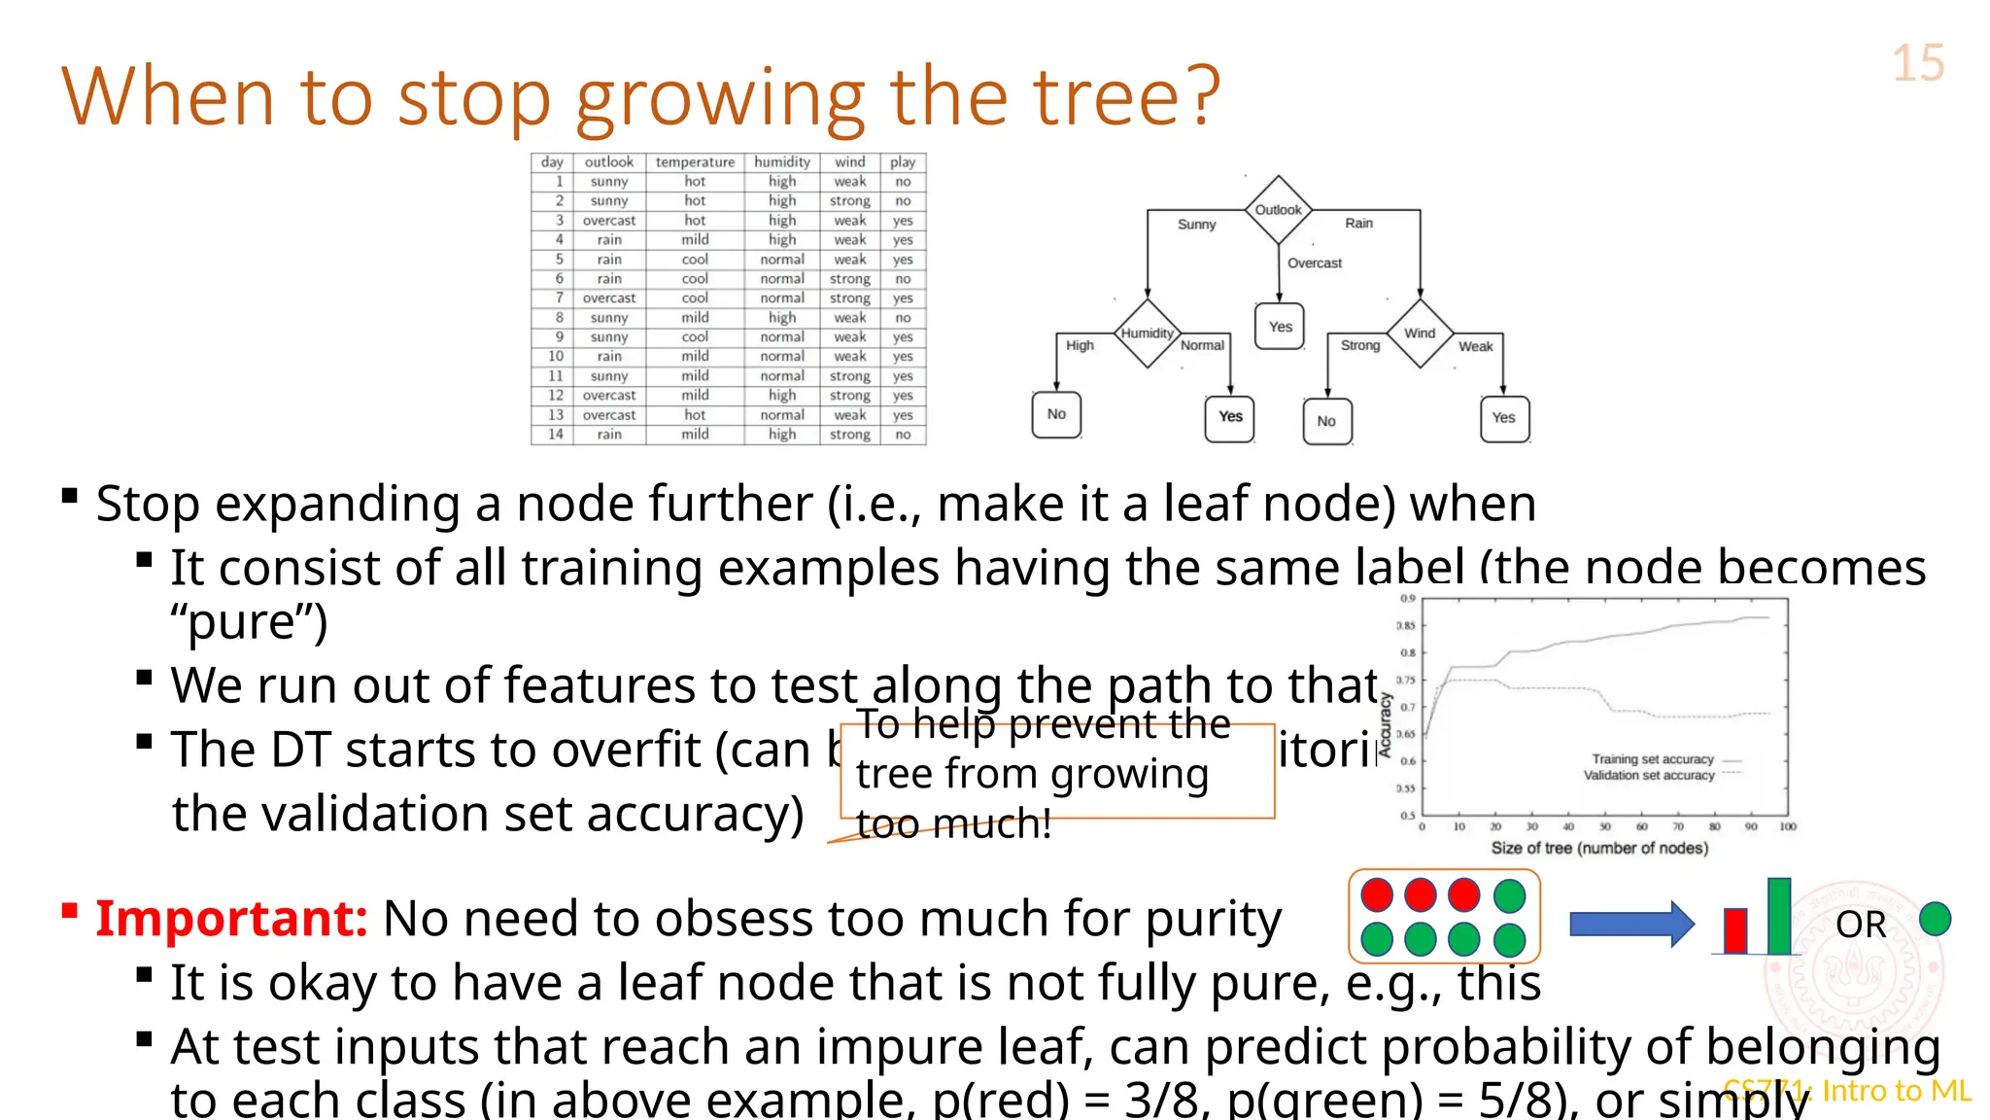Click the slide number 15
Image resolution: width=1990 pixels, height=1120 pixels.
pos(1917,64)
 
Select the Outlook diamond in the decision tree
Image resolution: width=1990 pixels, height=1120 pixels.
pos(1278,209)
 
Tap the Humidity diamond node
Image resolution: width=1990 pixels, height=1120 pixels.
pos(1147,333)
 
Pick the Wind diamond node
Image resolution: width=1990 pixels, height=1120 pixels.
pos(1420,333)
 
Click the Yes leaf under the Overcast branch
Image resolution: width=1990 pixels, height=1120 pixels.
pos(1280,327)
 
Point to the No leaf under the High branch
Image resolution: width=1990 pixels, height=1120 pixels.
pos(1056,414)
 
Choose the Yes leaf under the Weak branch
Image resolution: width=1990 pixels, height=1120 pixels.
pos(1503,418)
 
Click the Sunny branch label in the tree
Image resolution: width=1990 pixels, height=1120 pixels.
pos(1196,225)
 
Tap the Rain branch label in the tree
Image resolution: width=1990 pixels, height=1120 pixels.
pos(1358,224)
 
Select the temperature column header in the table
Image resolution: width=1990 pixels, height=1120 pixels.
pos(695,162)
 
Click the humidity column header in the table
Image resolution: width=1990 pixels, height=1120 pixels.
pos(782,162)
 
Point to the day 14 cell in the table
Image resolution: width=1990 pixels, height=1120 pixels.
pos(555,435)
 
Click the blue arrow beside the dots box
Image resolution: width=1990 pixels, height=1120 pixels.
pos(1630,924)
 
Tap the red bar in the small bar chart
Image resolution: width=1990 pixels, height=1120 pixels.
pos(1734,930)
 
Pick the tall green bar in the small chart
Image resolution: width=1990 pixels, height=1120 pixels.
pos(1778,915)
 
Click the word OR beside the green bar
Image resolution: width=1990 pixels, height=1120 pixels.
pos(1860,925)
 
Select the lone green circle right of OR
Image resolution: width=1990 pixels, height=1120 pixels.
pos(1935,919)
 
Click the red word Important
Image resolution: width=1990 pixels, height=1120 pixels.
pos(231,918)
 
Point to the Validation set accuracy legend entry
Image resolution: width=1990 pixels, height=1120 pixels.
pos(1649,776)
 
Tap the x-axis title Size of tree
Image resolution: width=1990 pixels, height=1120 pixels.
pos(1599,848)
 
